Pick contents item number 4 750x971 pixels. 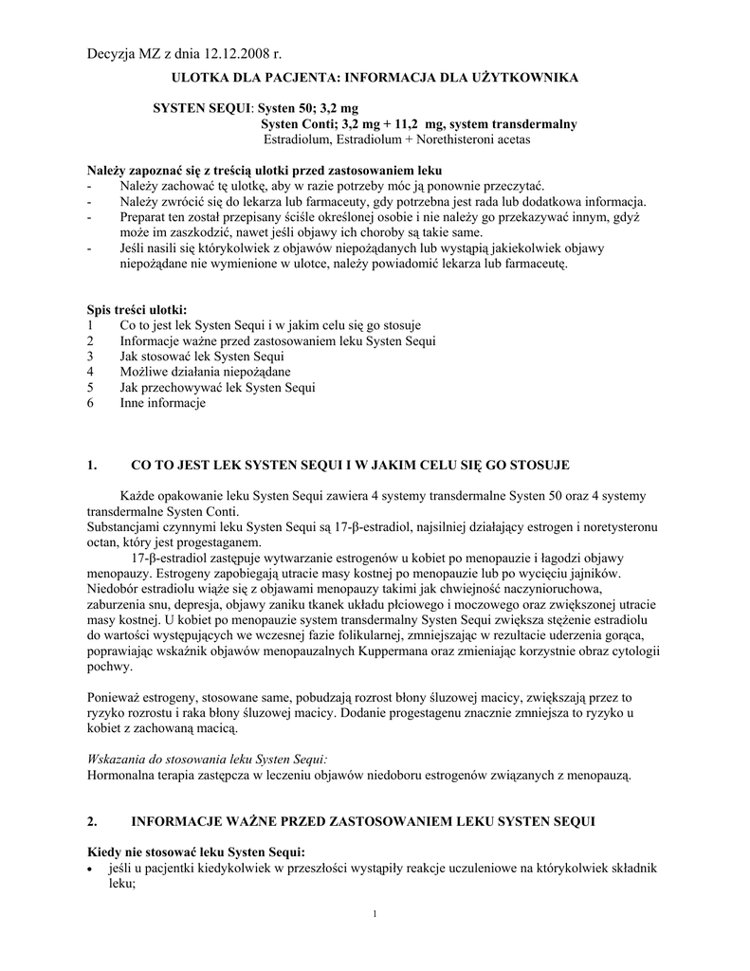coord(90,372)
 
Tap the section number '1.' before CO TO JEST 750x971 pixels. coord(92,465)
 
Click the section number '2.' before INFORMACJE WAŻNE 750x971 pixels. coord(92,818)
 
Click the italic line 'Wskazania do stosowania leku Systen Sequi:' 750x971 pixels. coord(207,760)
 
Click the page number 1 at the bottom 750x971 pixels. coord(375,913)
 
